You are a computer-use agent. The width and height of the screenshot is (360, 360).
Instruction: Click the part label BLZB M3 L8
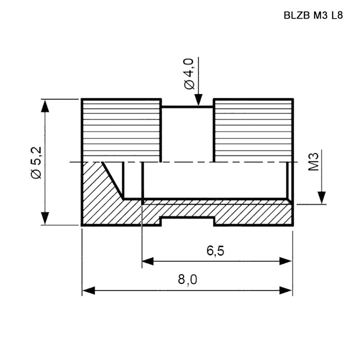coord(313,15)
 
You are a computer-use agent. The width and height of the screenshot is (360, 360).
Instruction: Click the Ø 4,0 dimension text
coord(189,74)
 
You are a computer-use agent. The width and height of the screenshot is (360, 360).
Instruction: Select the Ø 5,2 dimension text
coord(36,163)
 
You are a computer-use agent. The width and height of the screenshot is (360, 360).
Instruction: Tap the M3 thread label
coord(313,161)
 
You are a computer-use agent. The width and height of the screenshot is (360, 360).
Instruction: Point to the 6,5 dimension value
coord(215,251)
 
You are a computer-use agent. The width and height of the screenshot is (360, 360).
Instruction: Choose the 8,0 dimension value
coord(187,280)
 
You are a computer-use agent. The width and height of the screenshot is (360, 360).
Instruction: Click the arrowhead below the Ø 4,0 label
coord(199,100)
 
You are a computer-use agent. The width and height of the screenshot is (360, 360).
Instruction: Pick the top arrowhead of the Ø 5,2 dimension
coord(45,106)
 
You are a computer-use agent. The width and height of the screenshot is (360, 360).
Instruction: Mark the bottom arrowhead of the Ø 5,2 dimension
coord(45,218)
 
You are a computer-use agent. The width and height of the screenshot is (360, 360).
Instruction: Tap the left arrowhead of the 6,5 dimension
coord(148,261)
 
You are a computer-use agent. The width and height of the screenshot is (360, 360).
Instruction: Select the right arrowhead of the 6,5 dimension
coord(285,261)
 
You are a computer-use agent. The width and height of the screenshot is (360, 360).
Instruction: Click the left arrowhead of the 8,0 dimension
coord(88,291)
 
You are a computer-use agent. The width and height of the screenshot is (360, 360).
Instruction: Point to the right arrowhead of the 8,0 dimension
coord(285,291)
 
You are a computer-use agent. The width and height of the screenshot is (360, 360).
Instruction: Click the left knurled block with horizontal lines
coord(121,131)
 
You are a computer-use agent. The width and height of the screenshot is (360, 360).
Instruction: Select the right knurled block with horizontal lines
coord(254,131)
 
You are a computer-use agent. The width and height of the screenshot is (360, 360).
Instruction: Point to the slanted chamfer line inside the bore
coord(113,180)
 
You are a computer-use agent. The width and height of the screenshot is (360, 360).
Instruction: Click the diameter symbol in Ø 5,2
coord(36,174)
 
